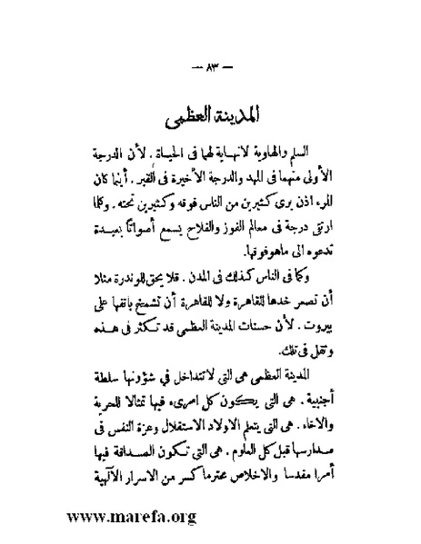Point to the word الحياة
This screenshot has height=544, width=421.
[x=195, y=149]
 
